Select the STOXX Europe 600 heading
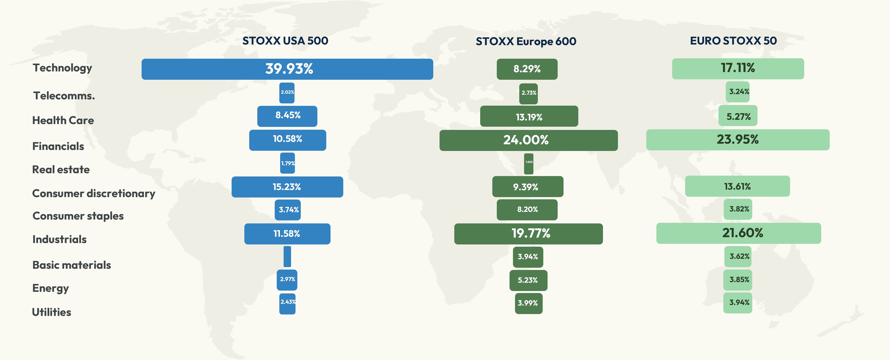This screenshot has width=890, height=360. (526, 41)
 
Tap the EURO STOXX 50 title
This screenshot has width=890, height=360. (733, 41)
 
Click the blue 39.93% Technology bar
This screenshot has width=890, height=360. (287, 69)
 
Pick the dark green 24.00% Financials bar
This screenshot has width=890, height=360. (528, 140)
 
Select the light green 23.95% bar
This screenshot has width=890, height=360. (738, 140)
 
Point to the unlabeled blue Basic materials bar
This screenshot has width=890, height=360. (287, 256)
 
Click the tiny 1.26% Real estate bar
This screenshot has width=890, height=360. (529, 164)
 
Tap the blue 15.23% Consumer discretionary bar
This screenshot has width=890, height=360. (287, 187)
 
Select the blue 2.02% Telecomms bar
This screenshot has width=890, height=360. (287, 93)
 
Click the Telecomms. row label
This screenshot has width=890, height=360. (64, 96)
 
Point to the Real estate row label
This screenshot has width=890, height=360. (61, 170)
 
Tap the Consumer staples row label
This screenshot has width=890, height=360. (78, 216)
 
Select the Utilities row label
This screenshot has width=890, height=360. (52, 312)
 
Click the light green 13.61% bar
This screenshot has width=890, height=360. (737, 186)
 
